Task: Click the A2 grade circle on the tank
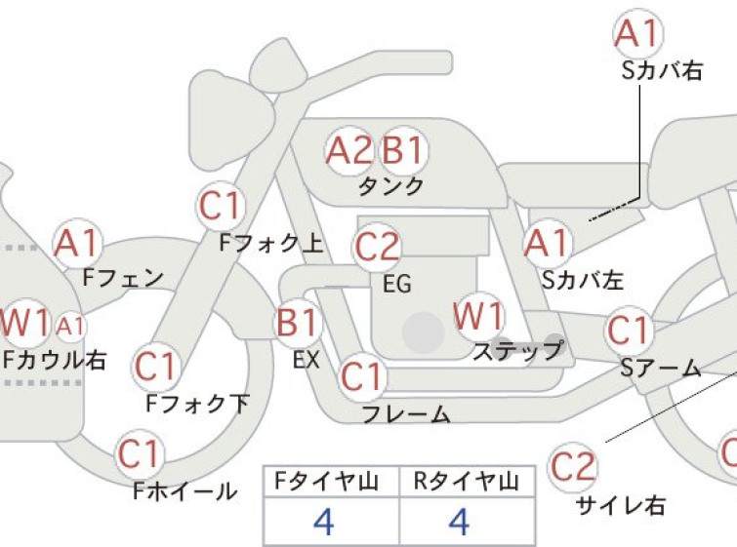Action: coord(349,151)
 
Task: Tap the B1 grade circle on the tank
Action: coord(403,151)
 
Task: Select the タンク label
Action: coord(391,186)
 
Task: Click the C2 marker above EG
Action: coord(377,248)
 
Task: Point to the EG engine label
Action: coord(397,284)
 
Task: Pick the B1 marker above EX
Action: coord(298,323)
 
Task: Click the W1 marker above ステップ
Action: coord(478,318)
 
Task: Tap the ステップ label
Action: coord(518,351)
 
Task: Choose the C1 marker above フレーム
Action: coord(362,376)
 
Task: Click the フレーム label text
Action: coord(406,414)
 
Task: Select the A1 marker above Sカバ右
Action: coord(638,34)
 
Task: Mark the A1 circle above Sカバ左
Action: coord(548,244)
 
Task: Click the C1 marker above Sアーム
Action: coord(629,331)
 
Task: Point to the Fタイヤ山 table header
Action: coord(326,482)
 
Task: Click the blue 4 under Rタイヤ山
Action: coord(459,522)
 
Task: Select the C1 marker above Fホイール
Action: coord(140,454)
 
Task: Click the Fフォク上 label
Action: coord(271,243)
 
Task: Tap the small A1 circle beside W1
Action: coord(70,326)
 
